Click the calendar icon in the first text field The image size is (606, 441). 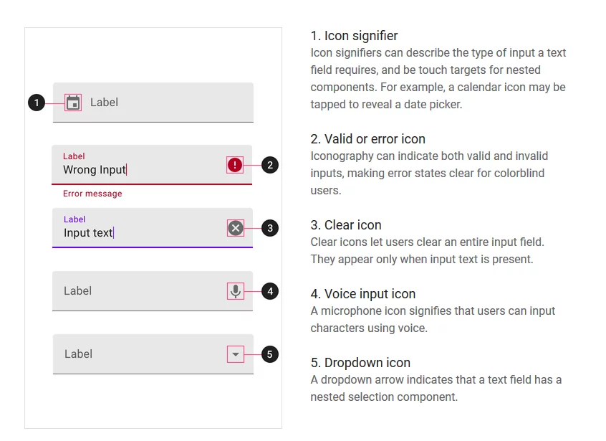(72, 103)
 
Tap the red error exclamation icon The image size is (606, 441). (235, 165)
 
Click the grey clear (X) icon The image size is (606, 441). (235, 228)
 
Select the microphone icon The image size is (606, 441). (235, 290)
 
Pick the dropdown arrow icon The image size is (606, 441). (235, 354)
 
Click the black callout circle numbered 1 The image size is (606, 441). (37, 103)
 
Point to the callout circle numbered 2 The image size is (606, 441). (269, 165)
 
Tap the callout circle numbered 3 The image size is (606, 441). (269, 228)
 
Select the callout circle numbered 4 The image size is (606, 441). (269, 291)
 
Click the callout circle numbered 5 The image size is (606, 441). (269, 354)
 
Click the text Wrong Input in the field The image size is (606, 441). (94, 170)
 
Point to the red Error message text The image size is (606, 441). (92, 194)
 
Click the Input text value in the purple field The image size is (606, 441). (88, 233)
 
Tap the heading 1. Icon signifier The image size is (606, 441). (354, 36)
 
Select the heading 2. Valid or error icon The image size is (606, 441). (367, 139)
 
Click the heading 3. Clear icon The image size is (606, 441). (345, 225)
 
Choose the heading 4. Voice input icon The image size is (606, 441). (362, 294)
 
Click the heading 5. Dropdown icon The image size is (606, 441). (360, 363)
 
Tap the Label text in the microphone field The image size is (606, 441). (77, 291)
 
